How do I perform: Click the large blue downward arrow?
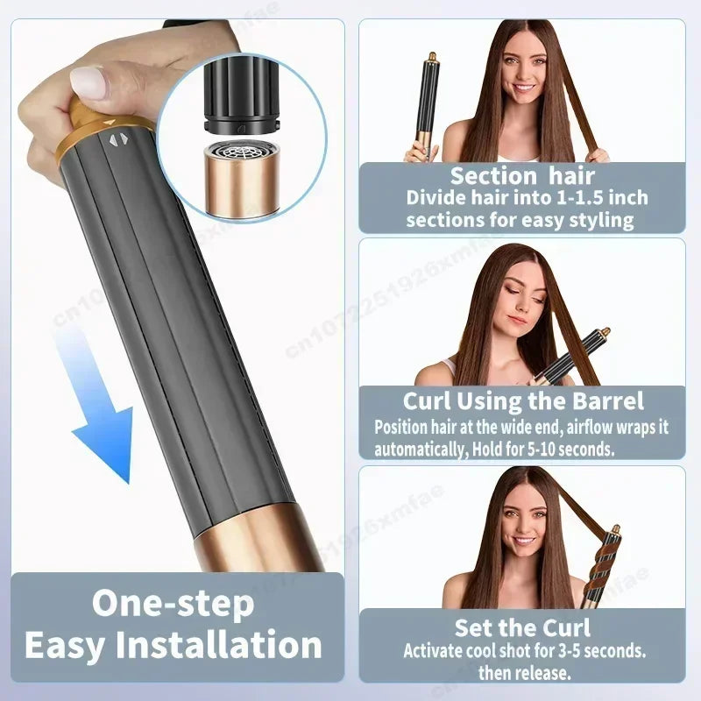103,421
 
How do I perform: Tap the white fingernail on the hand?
89,82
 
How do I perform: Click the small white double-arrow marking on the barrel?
117,138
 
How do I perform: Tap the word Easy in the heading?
65,646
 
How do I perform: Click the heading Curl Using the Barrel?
523,401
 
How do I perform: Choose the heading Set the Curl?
522,627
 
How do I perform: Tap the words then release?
524,673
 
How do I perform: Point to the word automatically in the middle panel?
421,450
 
